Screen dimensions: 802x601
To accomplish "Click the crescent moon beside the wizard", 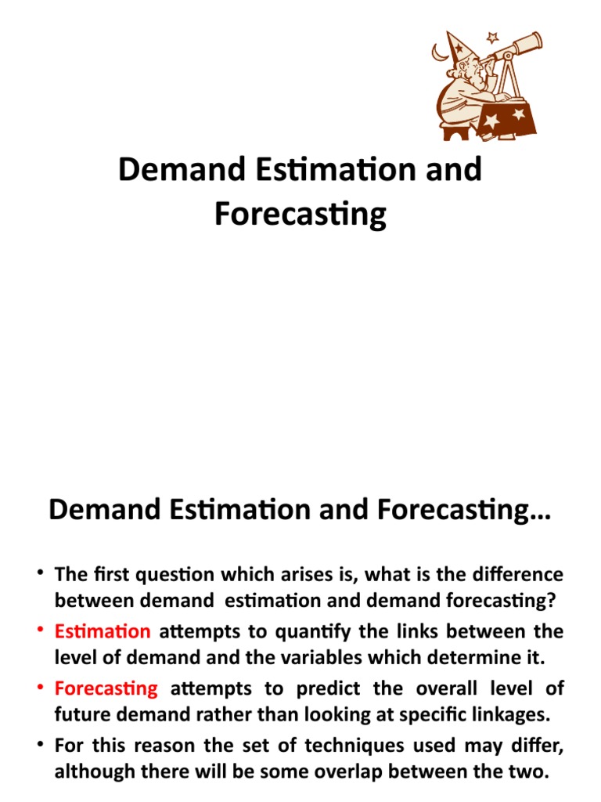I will coord(439,53).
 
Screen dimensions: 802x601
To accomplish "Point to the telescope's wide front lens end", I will coord(535,38).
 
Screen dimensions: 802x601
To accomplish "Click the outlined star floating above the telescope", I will coord(492,37).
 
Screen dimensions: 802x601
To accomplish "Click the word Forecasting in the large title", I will coord(300,213).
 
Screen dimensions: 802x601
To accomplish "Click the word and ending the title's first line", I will coord(455,170).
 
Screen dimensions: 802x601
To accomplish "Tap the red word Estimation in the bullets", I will coord(103,630).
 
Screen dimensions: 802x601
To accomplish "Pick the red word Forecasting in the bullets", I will coord(106,688).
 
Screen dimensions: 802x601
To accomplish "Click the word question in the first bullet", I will coord(162,573).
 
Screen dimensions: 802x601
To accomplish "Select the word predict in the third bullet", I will coord(324,688).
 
